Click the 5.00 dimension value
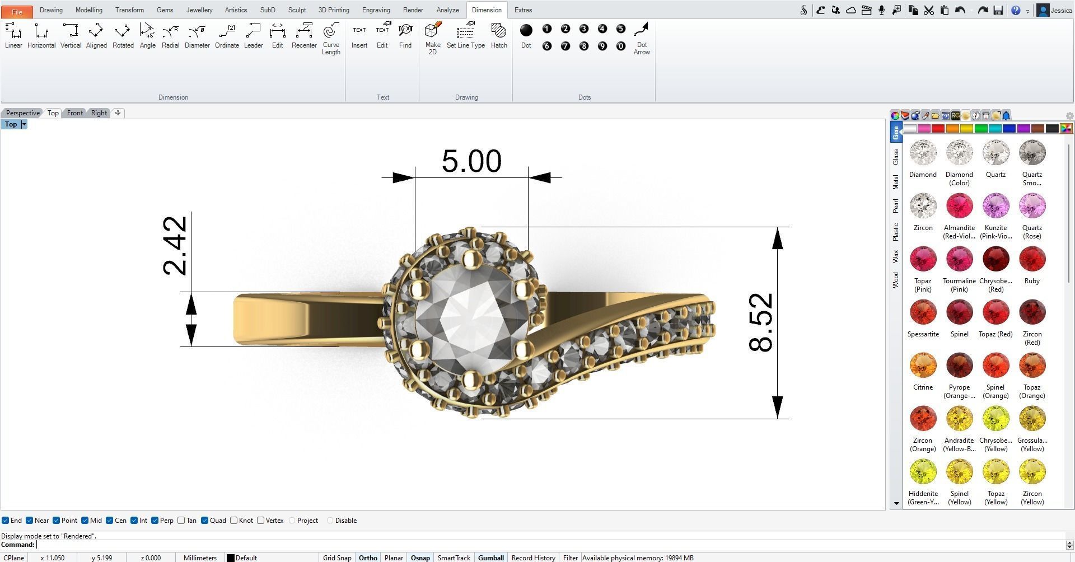pyautogui.click(x=471, y=161)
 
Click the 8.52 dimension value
pyautogui.click(x=760, y=322)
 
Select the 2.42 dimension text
pyautogui.click(x=175, y=246)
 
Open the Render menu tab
pyautogui.click(x=413, y=10)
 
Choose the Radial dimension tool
pyautogui.click(x=170, y=36)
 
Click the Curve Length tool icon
pyautogui.click(x=331, y=37)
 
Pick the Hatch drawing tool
pyautogui.click(x=498, y=36)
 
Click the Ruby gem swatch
pyautogui.click(x=1032, y=260)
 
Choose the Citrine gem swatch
pyautogui.click(x=923, y=366)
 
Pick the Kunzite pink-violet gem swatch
pyautogui.click(x=995, y=207)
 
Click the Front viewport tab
pyautogui.click(x=75, y=113)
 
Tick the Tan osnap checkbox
pyautogui.click(x=181, y=521)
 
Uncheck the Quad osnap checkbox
pyautogui.click(x=205, y=521)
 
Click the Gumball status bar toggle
pyautogui.click(x=490, y=558)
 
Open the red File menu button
pyautogui.click(x=17, y=11)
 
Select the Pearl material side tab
pyautogui.click(x=895, y=205)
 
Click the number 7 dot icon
pyautogui.click(x=565, y=46)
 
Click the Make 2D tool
pyautogui.click(x=433, y=37)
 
